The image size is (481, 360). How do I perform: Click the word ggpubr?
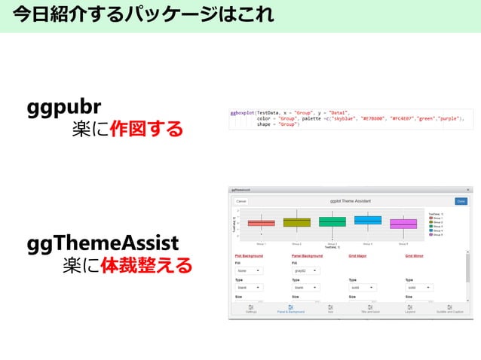click(64, 105)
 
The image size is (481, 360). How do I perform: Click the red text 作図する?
click(146, 129)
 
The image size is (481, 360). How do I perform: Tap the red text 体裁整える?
click(146, 266)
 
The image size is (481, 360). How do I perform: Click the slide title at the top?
click(143, 15)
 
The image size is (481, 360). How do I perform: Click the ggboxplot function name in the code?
click(243, 111)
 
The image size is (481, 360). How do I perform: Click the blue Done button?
click(461, 201)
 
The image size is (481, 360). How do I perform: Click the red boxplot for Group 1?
click(262, 223)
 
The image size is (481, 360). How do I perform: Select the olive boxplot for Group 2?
click(296, 222)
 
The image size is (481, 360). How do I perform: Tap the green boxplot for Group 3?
click(332, 221)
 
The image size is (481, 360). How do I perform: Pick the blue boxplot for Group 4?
click(367, 220)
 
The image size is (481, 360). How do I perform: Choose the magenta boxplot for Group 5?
click(403, 224)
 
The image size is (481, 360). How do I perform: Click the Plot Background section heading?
click(249, 256)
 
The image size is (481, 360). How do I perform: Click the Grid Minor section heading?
click(415, 256)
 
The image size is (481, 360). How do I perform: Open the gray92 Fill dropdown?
click(305, 270)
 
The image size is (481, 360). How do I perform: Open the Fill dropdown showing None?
click(249, 270)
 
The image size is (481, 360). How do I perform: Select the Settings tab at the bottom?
click(250, 309)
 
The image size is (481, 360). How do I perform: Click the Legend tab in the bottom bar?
click(410, 309)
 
